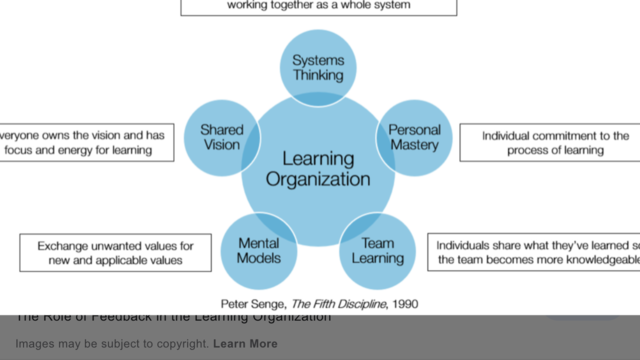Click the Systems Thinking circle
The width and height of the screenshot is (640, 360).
pyautogui.click(x=317, y=67)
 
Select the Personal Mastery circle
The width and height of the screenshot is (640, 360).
pyautogui.click(x=414, y=138)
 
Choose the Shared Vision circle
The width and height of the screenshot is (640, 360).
pyautogui.click(x=221, y=138)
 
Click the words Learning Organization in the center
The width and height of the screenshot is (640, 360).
pyautogui.click(x=319, y=169)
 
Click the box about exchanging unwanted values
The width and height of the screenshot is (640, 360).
pyautogui.click(x=115, y=252)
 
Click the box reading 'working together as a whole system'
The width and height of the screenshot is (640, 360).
pyautogui.click(x=319, y=5)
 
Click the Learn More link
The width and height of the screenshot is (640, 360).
pyautogui.click(x=245, y=344)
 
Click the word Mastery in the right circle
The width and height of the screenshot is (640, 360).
pyautogui.click(x=414, y=146)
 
